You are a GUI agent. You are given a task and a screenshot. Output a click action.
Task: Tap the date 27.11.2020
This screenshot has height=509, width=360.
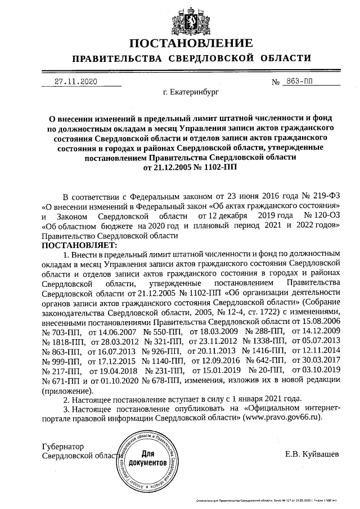click(x=76, y=82)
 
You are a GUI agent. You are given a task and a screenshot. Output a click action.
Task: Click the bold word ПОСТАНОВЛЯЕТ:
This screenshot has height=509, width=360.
click(x=79, y=246)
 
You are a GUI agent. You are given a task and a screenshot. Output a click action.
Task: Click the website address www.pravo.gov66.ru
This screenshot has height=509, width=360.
click(x=283, y=418)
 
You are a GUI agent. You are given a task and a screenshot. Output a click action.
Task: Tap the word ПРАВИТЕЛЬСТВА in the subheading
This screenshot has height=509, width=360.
click(x=111, y=58)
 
